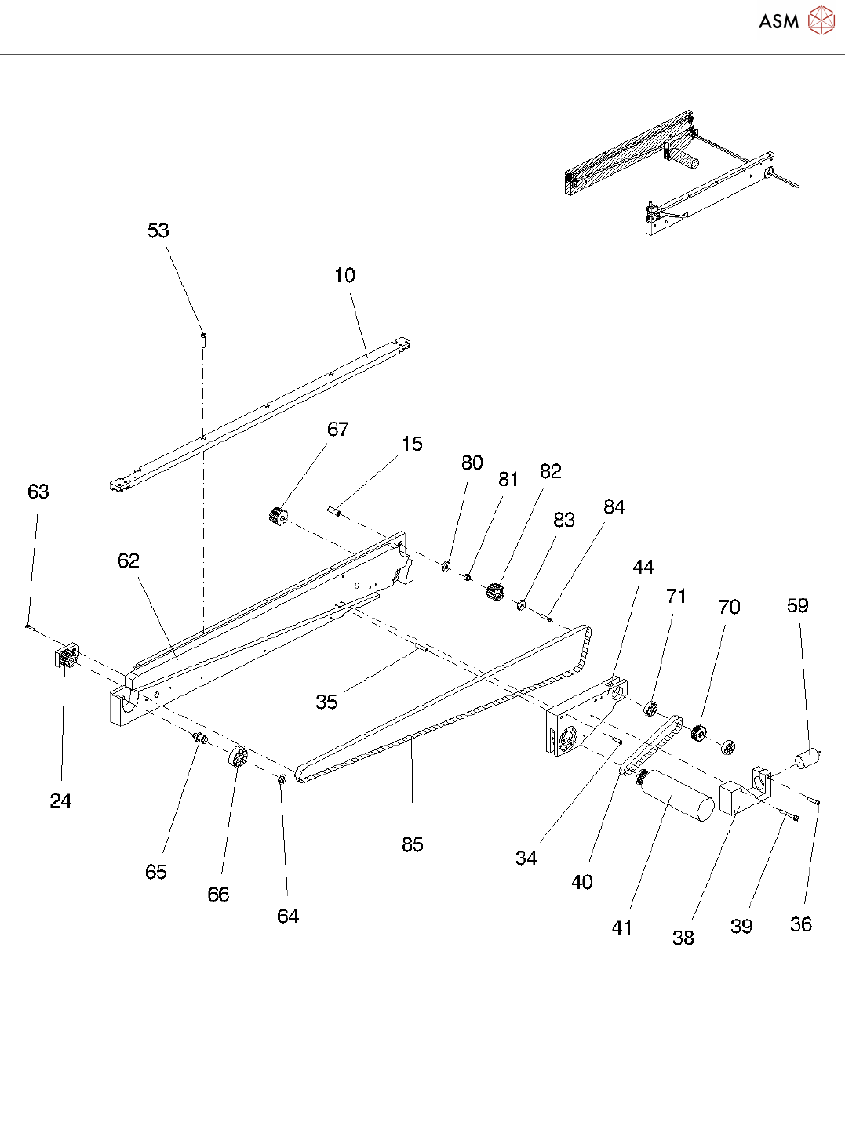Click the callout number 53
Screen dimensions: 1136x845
(158, 230)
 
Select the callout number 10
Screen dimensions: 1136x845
(344, 276)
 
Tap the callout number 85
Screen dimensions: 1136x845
(413, 845)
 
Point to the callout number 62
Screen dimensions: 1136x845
(129, 561)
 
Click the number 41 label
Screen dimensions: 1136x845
(622, 928)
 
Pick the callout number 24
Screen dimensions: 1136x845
(60, 801)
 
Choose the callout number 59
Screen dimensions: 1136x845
(798, 606)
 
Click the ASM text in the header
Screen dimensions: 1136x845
(778, 22)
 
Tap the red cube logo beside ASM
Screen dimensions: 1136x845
(821, 21)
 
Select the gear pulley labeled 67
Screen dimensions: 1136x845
(277, 517)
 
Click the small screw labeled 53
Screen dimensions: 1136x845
(203, 339)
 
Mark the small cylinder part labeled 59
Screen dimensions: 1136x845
(807, 759)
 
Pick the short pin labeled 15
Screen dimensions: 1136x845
(333, 513)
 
